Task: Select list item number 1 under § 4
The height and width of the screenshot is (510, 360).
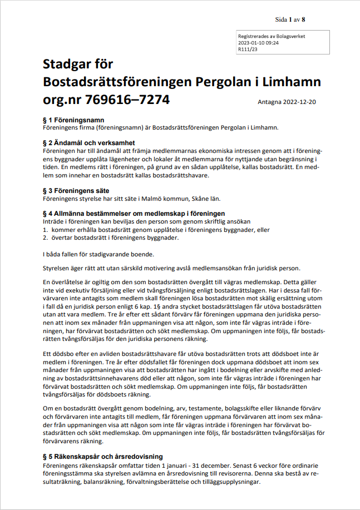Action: (x=156, y=229)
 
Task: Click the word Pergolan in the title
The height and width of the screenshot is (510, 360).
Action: (x=223, y=82)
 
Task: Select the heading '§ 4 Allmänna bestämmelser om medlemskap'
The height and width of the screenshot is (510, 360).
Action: (x=134, y=214)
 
